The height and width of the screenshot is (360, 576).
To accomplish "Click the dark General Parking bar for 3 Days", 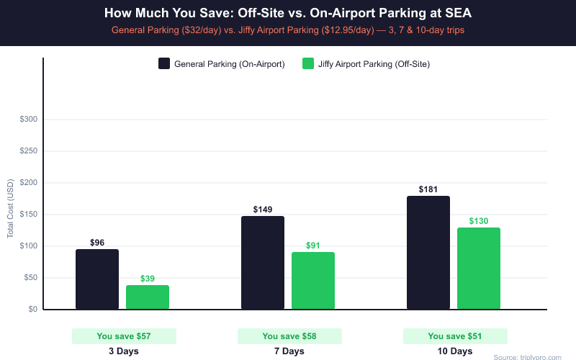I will pyautogui.click(x=97, y=279).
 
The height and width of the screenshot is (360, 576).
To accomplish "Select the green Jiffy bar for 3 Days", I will pyautogui.click(x=148, y=297).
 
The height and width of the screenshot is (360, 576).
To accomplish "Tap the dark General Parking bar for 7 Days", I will pyautogui.click(x=263, y=263).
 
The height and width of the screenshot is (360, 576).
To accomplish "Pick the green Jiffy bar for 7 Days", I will pyautogui.click(x=313, y=281).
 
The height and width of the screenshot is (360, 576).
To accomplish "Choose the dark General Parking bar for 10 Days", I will pyautogui.click(x=428, y=253).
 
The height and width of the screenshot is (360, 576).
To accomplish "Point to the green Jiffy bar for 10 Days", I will pyautogui.click(x=479, y=269).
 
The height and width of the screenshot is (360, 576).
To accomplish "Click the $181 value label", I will pyautogui.click(x=428, y=189).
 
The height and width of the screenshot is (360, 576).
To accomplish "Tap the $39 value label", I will pyautogui.click(x=148, y=279).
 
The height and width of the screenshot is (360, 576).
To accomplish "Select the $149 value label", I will pyautogui.click(x=263, y=210).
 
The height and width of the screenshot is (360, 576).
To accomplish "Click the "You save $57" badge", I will pyautogui.click(x=124, y=336).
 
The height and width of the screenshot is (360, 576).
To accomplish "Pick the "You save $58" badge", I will pyautogui.click(x=289, y=336).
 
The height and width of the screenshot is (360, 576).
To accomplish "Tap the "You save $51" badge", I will pyautogui.click(x=455, y=336).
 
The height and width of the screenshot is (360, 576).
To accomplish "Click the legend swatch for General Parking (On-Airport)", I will pyautogui.click(x=164, y=64).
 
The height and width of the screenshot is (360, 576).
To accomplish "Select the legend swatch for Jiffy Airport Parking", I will pyautogui.click(x=308, y=64).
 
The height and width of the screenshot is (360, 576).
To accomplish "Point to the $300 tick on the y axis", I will pyautogui.click(x=28, y=120).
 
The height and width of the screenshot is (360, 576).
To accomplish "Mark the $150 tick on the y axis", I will pyautogui.click(x=28, y=215).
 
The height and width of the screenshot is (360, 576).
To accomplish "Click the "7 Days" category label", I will pyautogui.click(x=289, y=351).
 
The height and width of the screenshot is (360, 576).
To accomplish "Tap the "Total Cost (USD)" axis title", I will pyautogui.click(x=11, y=209).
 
